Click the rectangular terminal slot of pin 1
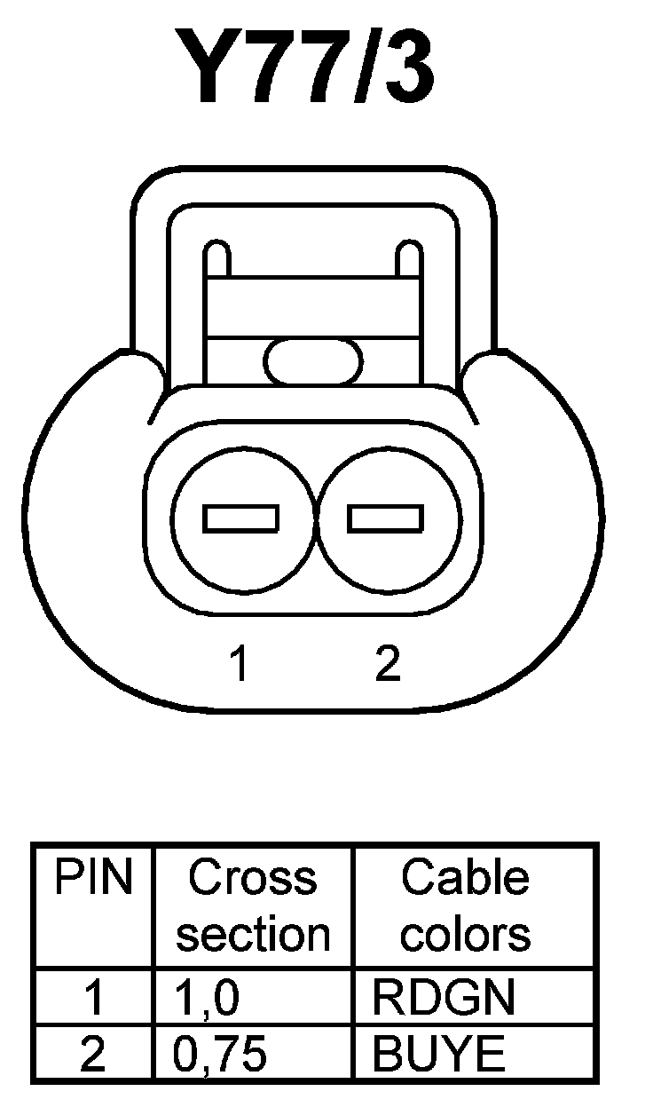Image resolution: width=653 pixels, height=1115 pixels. point(241,518)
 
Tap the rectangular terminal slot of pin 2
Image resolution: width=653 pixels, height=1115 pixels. point(385,518)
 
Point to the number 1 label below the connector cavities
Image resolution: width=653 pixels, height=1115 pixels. point(238,664)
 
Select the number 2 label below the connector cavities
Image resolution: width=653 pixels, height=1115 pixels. point(388,664)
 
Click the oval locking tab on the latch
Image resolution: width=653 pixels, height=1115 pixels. point(313,360)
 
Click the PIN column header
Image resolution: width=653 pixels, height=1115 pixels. point(93,879)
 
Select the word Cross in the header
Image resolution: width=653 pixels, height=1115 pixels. point(253,879)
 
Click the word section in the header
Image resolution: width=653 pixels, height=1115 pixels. point(253,934)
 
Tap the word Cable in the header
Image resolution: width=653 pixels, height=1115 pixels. point(465,879)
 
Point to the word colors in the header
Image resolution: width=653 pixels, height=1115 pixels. point(465,934)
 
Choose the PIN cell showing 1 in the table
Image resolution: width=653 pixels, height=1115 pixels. point(93,999)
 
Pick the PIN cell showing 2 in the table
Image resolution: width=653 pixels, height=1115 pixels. point(93,1055)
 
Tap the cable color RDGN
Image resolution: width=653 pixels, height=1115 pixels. point(443,999)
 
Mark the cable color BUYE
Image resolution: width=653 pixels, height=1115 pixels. point(438,1055)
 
